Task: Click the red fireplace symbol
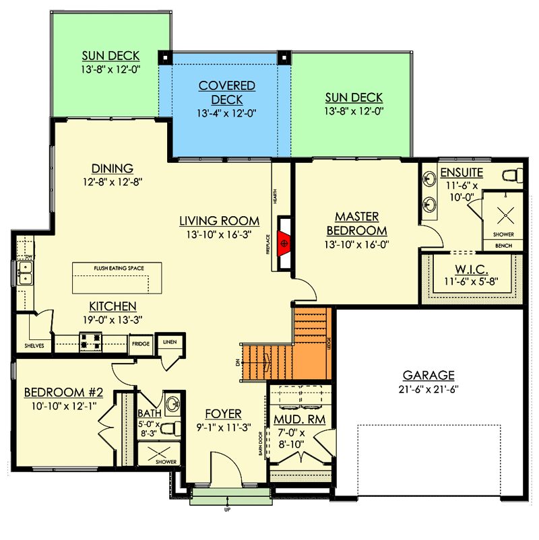pos(286,240)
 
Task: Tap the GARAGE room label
pos(429,375)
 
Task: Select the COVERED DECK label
pos(226,93)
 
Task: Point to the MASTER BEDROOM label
pos(357,224)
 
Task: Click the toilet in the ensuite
pos(515,176)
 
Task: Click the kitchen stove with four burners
pos(90,341)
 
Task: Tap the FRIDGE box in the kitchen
pos(141,344)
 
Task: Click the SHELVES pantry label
pos(34,345)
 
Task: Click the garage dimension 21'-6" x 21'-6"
pos(429,389)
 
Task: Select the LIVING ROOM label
pos(219,220)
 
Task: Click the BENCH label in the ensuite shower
pos(504,246)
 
